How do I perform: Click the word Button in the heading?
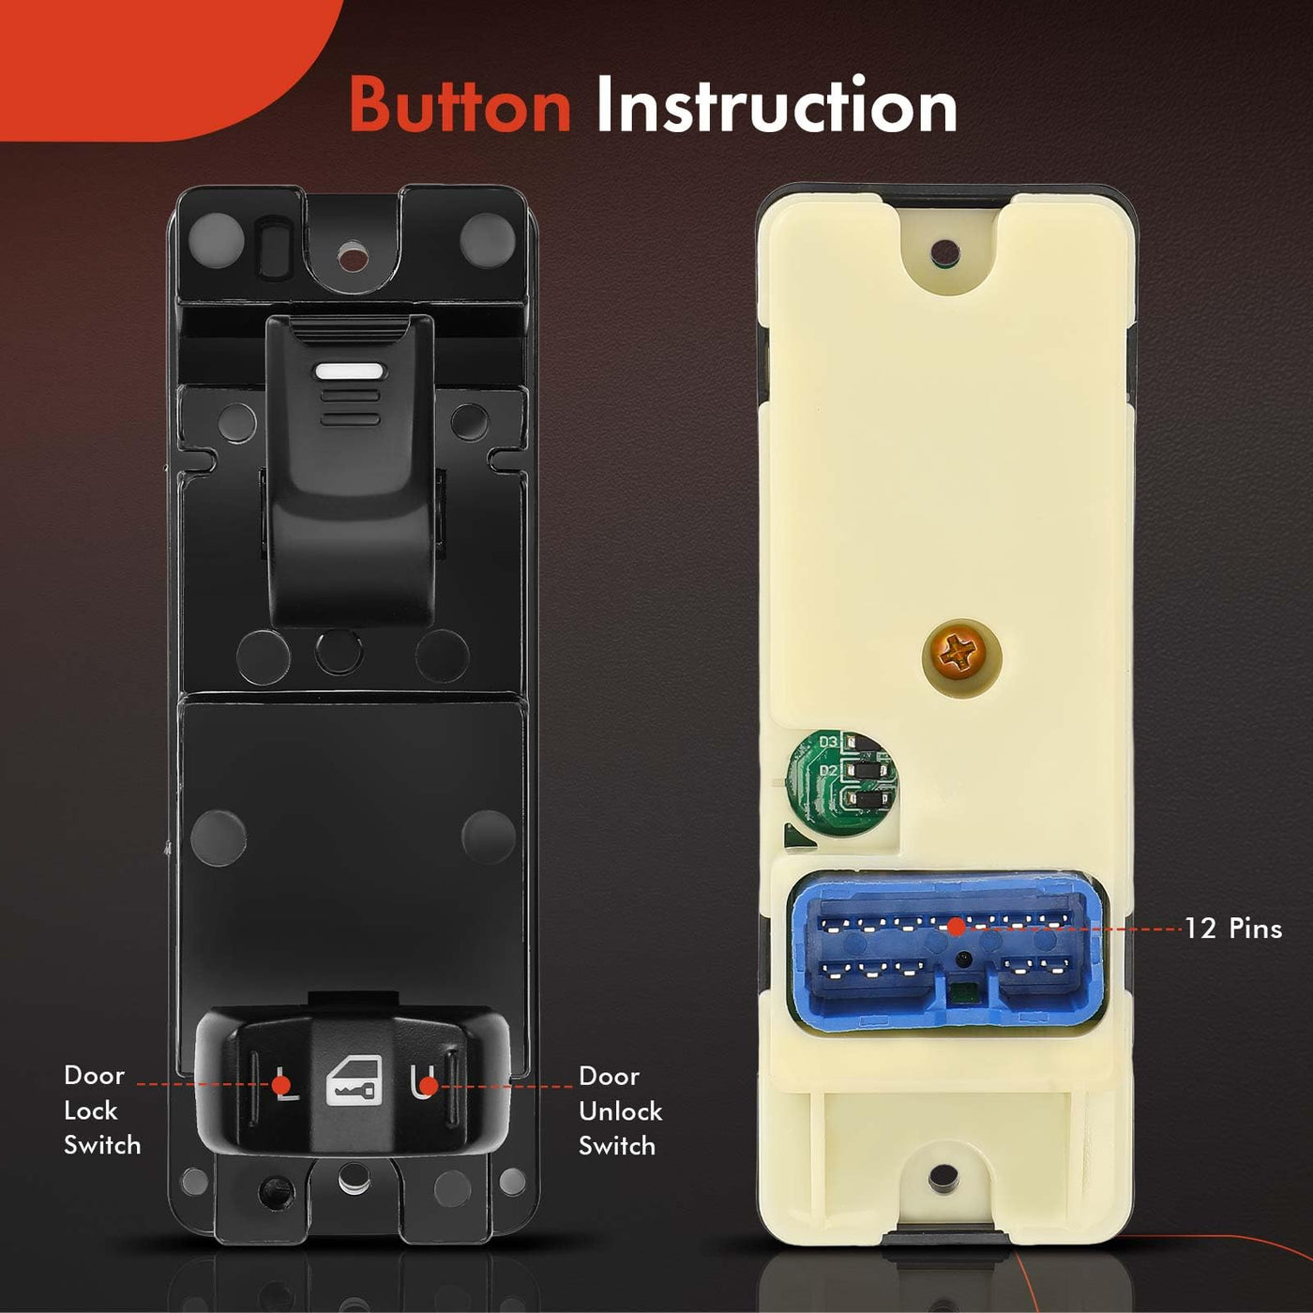(460, 106)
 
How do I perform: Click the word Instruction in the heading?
(777, 106)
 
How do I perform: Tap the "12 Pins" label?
(1232, 928)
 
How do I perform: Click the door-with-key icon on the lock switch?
(351, 1082)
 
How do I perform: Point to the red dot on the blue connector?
(957, 926)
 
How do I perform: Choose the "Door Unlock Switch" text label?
(620, 1111)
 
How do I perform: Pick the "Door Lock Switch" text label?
(102, 1110)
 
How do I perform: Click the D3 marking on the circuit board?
(828, 742)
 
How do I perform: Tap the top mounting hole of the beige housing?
(944, 253)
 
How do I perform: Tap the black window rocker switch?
(350, 470)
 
